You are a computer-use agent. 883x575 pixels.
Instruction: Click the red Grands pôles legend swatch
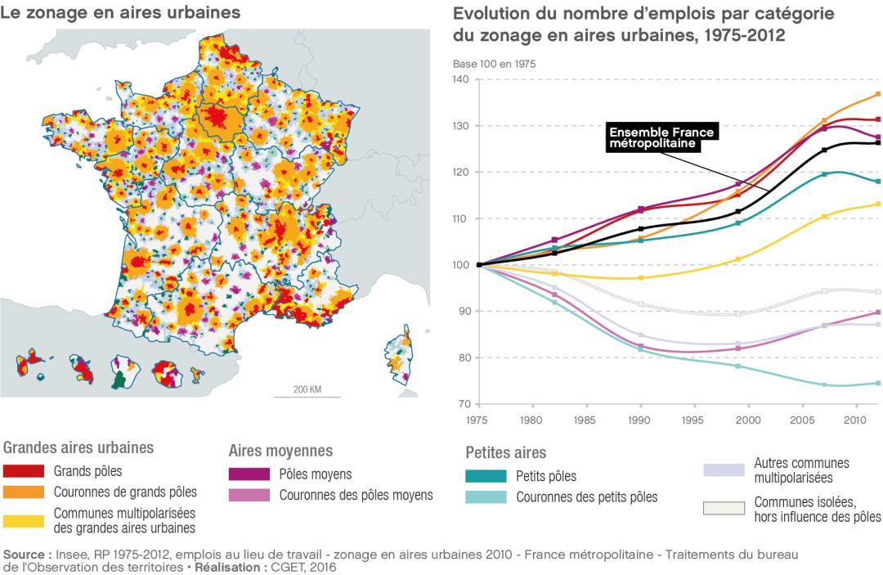25,471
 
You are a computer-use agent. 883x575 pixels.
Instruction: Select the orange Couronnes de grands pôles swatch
25,492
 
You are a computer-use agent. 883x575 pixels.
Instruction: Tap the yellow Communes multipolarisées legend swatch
25,520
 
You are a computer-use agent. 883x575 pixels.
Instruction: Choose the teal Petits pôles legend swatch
486,476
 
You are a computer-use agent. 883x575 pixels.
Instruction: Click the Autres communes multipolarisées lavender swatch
724,469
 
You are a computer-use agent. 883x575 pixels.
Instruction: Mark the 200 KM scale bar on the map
306,395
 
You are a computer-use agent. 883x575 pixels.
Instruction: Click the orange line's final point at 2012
877,93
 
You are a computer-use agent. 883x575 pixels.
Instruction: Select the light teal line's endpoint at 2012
877,383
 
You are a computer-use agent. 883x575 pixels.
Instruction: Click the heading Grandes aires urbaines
79,447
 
